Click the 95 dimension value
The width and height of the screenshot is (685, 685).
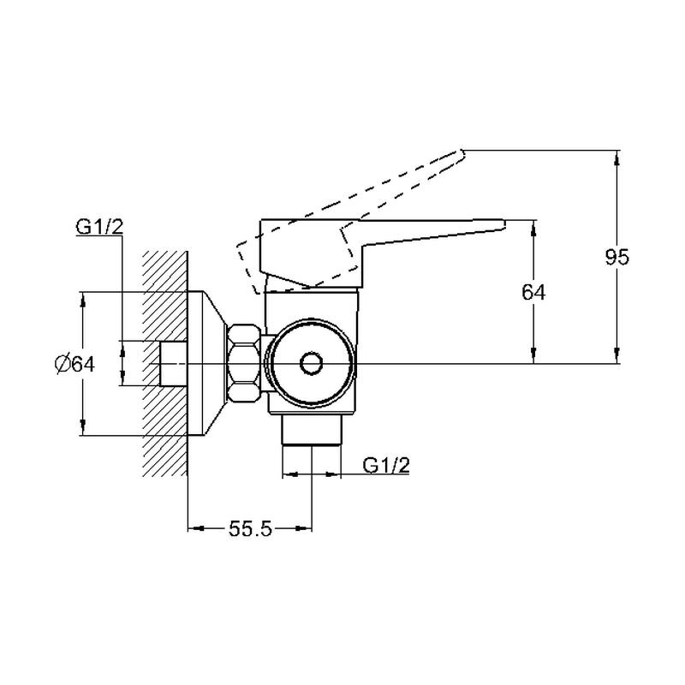[x=616, y=257]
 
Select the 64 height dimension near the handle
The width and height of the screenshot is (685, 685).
[x=533, y=292]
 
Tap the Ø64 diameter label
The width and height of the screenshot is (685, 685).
[x=74, y=363]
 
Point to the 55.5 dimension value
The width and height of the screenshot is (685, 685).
[x=250, y=529]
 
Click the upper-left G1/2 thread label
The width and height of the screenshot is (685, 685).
[x=99, y=227]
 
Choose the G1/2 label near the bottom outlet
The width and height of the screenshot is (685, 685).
[x=386, y=466]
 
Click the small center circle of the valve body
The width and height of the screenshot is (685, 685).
[x=311, y=363]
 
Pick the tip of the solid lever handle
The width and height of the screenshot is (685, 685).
[x=504, y=224]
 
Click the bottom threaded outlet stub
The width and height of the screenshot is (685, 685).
[x=311, y=430]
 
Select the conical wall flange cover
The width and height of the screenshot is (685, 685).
[x=206, y=363]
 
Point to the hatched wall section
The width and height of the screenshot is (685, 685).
[x=165, y=363]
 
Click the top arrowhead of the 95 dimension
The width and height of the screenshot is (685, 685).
[x=616, y=158]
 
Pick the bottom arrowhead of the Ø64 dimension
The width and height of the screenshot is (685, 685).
[x=82, y=428]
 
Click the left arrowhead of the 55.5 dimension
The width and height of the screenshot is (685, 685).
[x=196, y=528]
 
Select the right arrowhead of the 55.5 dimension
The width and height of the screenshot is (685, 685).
[x=305, y=528]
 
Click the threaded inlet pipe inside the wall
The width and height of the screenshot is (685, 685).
[x=174, y=363]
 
